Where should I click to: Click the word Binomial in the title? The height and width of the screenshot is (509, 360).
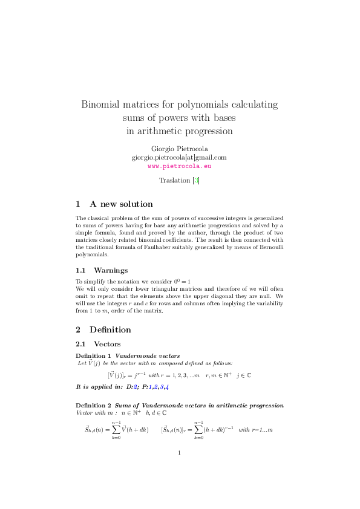(102, 104)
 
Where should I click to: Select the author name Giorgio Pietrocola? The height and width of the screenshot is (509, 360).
(179, 149)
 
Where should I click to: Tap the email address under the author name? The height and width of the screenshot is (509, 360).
(179, 157)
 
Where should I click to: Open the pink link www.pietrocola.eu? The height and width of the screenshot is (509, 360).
(179, 165)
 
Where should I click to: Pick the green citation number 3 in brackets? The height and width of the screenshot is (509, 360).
(195, 180)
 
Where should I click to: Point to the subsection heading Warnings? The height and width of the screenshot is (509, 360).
(110, 270)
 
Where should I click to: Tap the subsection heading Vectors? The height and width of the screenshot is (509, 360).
(108, 343)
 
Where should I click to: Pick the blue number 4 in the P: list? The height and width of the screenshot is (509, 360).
(166, 386)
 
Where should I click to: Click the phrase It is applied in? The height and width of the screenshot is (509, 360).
(99, 386)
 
